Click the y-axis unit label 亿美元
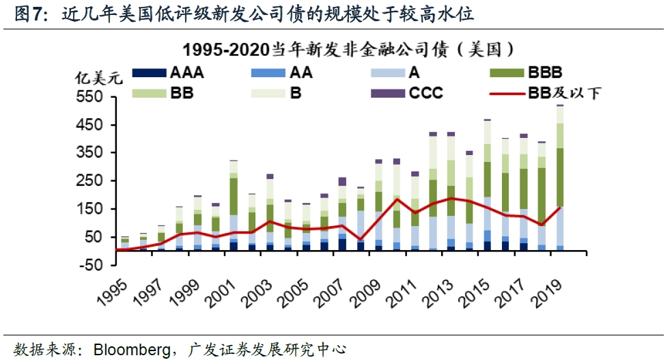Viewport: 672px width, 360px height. pyautogui.click(x=98, y=77)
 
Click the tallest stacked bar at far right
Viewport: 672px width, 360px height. pyautogui.click(x=559, y=178)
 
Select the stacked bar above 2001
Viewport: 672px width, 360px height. pyautogui.click(x=233, y=205)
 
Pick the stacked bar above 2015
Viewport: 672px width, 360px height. pyautogui.click(x=487, y=184)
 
